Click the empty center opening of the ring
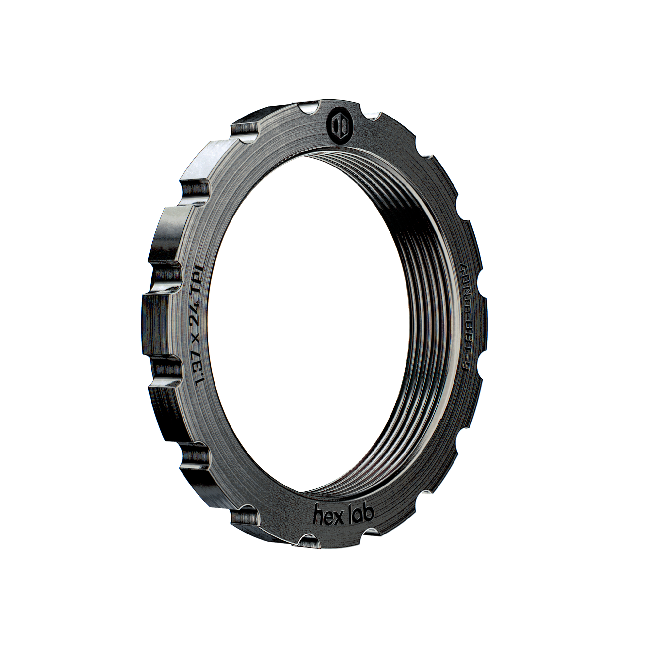click(304, 321)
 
